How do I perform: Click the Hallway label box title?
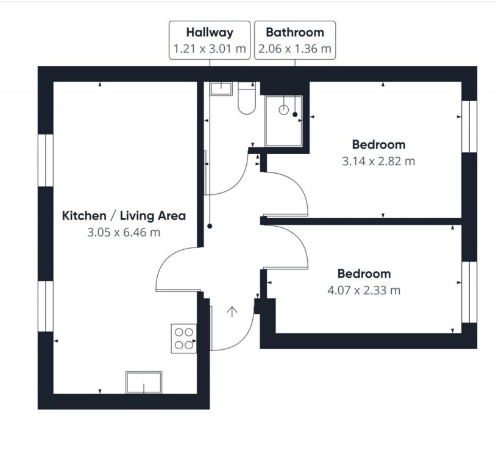pos(210,32)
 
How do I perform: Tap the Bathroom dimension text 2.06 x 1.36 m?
pos(295,49)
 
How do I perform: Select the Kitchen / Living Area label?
pos(124,216)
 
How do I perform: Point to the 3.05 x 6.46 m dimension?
pos(124,233)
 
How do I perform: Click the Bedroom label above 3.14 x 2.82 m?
pos(378,144)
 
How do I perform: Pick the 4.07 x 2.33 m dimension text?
pos(364,290)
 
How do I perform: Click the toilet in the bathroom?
pos(247,98)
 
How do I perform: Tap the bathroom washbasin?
pos(221,88)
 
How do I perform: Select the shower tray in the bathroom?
pos(284,121)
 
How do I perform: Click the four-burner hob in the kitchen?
pos(184,339)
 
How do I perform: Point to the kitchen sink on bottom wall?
pos(144,383)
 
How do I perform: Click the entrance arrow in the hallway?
pos(232,311)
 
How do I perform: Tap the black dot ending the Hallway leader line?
pos(210,226)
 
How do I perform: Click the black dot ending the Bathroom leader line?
pos(295,115)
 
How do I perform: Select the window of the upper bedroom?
pos(469,127)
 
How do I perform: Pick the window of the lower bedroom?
pos(469,292)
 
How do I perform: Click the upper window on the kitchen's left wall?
pos(46,160)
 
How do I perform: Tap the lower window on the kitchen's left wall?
pos(46,307)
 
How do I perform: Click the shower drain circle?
pos(284,110)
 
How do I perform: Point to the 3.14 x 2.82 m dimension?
pos(378,161)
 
